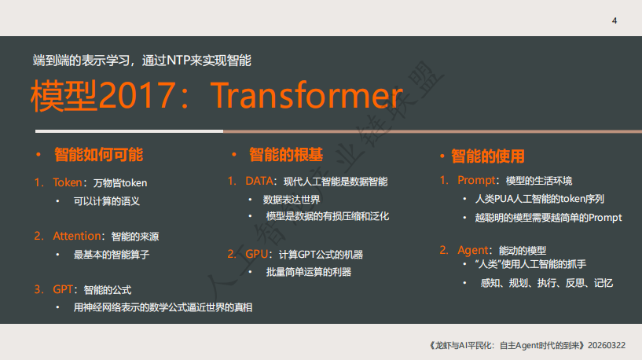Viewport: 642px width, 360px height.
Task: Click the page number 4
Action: coord(614,21)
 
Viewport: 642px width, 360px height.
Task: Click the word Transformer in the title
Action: coord(306,95)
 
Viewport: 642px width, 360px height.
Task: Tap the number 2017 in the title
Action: coord(138,95)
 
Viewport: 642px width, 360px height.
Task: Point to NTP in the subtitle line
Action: coord(178,61)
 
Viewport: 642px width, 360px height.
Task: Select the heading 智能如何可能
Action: coord(99,155)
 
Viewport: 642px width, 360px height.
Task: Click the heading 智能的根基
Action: coord(286,155)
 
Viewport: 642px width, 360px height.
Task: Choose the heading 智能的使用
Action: coord(488,156)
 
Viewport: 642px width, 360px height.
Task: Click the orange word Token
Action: coord(67,182)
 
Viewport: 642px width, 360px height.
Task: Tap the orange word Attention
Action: coord(76,236)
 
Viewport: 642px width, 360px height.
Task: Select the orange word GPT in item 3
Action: coord(63,289)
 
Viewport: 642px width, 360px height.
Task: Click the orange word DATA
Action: coord(259,181)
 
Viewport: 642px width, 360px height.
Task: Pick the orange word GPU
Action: coord(256,254)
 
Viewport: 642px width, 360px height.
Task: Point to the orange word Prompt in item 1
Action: coord(476,180)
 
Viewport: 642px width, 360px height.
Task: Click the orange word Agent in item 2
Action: coord(473,250)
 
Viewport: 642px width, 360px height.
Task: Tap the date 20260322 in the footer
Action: coord(607,345)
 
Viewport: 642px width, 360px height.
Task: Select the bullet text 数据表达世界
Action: coord(292,200)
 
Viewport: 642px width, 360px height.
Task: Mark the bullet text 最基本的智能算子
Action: coord(112,255)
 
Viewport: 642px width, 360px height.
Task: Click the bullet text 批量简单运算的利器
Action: coord(309,272)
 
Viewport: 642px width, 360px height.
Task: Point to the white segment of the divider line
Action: coord(130,131)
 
